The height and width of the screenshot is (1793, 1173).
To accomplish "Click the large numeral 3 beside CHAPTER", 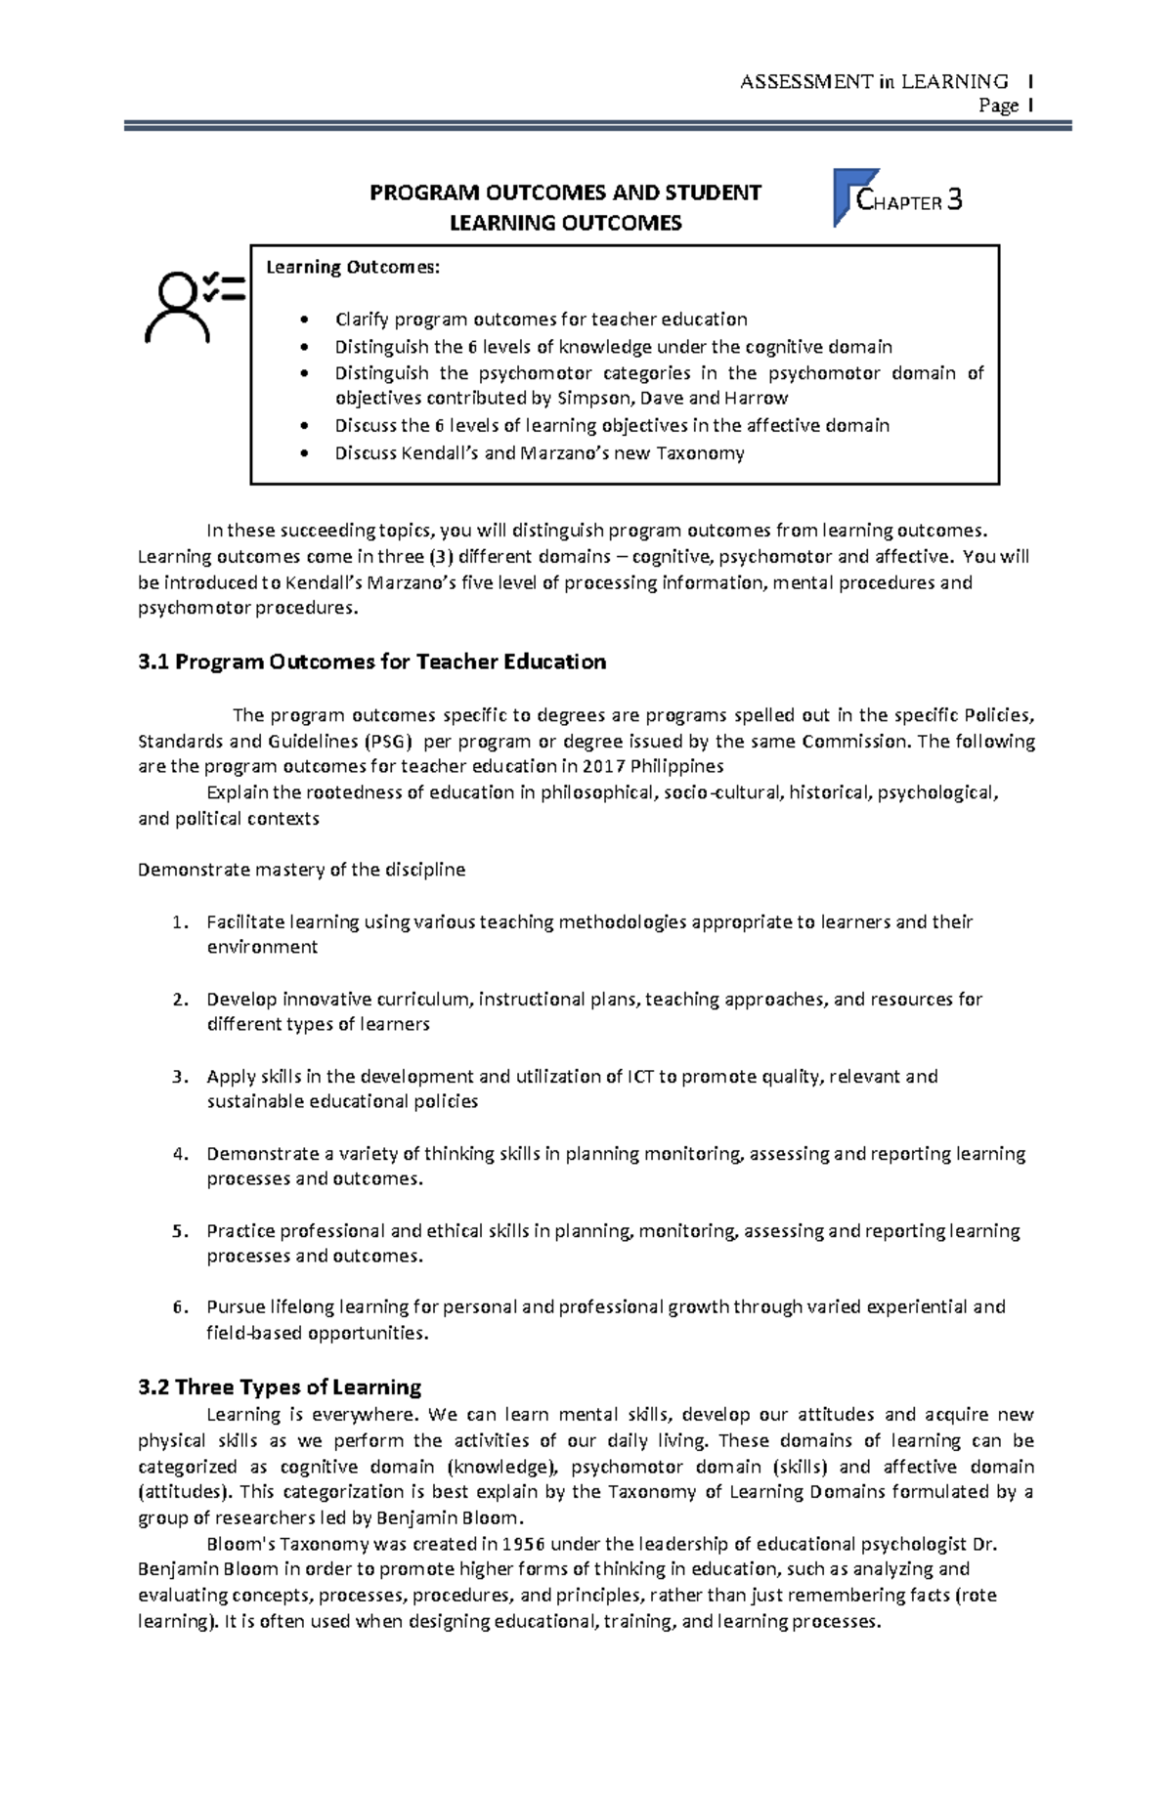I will (955, 200).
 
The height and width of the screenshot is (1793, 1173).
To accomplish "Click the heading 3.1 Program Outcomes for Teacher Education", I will (372, 662).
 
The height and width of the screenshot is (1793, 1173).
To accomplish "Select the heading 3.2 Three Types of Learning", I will (280, 1387).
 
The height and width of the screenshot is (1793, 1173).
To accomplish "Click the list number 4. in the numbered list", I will (179, 1153).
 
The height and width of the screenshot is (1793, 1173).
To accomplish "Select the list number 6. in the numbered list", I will (179, 1306).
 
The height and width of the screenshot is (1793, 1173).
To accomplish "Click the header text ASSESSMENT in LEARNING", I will (874, 82).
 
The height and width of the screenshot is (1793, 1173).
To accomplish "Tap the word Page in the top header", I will (999, 106).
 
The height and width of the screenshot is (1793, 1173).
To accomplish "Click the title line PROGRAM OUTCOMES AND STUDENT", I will (565, 192).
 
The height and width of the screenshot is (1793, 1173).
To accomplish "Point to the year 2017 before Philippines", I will (603, 766).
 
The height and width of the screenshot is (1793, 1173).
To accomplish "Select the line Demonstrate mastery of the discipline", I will (302, 869).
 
